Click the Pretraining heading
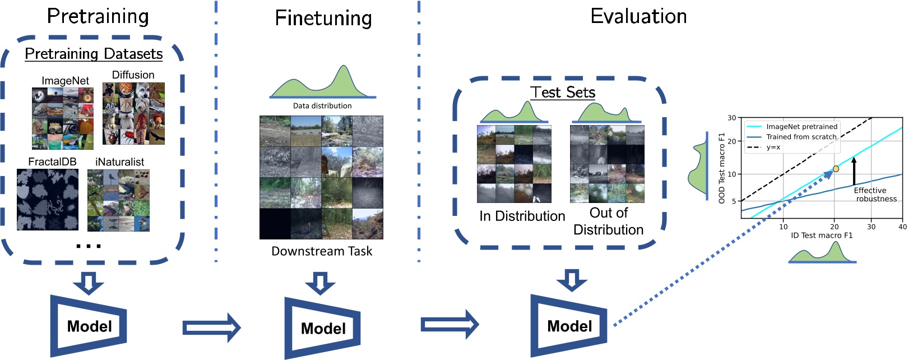[98, 16]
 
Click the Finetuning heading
[323, 18]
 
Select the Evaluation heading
[638, 16]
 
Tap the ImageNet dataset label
[65, 81]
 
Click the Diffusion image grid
[133, 113]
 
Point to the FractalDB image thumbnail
[48, 200]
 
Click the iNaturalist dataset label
[119, 161]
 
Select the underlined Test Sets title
[562, 92]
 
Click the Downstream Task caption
[322, 251]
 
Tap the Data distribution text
[322, 105]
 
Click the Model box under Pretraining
[89, 326]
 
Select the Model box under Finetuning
[323, 328]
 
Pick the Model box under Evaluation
[569, 326]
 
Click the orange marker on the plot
[836, 169]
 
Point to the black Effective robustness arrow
[854, 171]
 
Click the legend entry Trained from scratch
[801, 137]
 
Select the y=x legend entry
[773, 147]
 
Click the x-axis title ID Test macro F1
[821, 235]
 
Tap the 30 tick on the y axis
[731, 118]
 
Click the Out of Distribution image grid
[607, 163]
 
